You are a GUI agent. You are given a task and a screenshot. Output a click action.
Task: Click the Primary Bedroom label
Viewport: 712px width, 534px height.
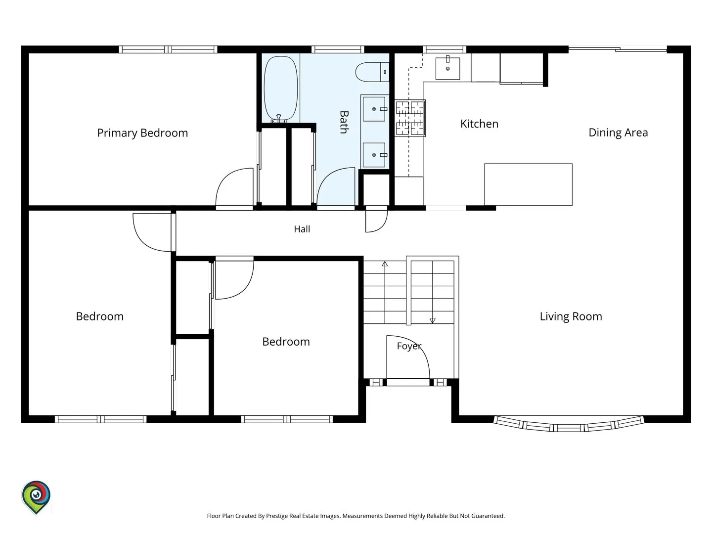[x=142, y=133]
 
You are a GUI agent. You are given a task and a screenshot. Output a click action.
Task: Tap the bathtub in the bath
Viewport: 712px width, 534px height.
[x=280, y=89]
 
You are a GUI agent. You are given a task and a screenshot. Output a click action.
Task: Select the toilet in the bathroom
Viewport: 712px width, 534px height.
[x=372, y=72]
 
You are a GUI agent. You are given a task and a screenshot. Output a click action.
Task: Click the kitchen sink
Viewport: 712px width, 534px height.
[x=447, y=68]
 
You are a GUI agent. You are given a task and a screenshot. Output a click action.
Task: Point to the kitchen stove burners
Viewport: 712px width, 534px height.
[x=410, y=118]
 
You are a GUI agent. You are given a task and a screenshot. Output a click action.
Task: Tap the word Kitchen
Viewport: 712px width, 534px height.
[x=479, y=124]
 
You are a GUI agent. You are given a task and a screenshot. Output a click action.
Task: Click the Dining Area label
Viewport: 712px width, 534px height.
[x=618, y=133]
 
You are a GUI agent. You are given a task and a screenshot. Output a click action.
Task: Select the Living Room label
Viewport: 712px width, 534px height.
[x=571, y=316]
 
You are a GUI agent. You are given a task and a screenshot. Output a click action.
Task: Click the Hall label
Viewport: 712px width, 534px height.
[x=302, y=229]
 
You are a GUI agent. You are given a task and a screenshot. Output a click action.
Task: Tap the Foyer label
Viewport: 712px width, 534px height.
[x=409, y=346]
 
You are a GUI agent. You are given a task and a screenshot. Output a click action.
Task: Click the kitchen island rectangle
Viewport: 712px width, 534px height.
[x=528, y=184]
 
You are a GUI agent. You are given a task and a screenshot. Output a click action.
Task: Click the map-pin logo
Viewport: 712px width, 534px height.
[x=36, y=497]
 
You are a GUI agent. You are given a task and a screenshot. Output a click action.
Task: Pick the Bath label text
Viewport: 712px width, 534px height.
[x=344, y=122]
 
